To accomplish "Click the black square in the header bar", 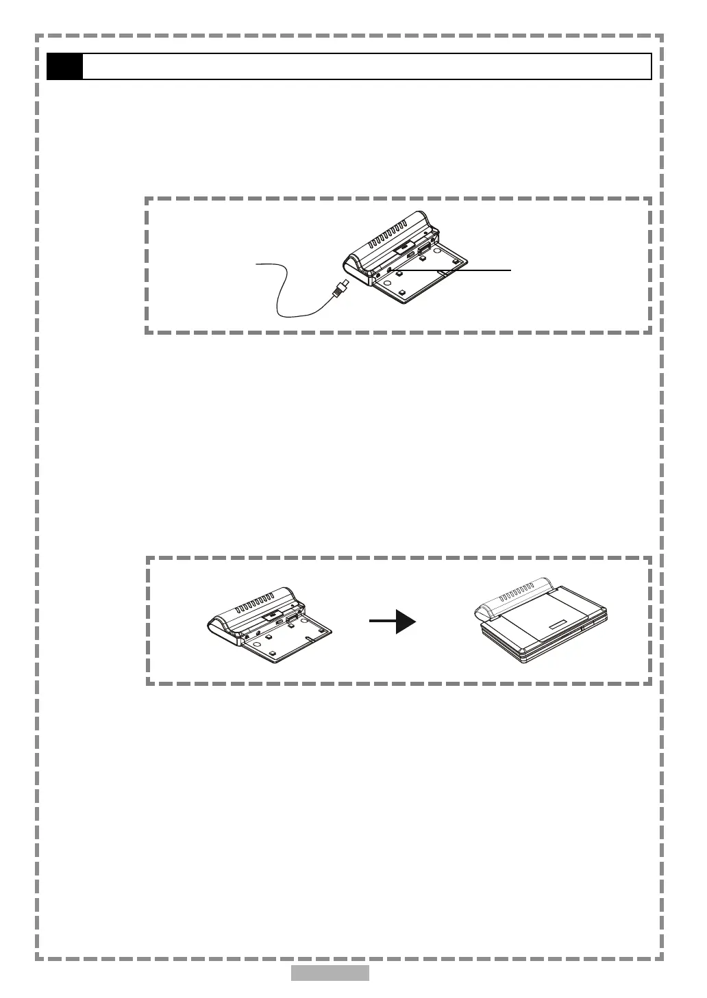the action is pyautogui.click(x=64, y=66).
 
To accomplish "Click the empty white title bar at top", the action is pyautogui.click(x=367, y=66).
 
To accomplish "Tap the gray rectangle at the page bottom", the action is pyautogui.click(x=330, y=973).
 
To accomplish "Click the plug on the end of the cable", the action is pyautogui.click(x=341, y=288).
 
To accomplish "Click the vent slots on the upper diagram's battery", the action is pyautogui.click(x=388, y=237).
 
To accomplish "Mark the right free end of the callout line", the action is pyautogui.click(x=510, y=270).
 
